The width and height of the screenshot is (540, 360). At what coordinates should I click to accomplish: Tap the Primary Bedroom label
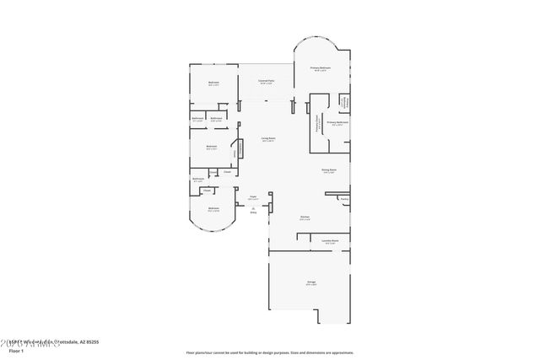[x=320, y=68]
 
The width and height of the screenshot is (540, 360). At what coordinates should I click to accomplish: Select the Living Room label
[x=268, y=140]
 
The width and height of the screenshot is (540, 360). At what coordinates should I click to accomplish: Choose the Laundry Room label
[x=330, y=241]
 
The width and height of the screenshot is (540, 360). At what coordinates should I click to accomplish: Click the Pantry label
[x=344, y=199]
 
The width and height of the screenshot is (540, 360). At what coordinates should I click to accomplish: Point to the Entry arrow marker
[x=253, y=209]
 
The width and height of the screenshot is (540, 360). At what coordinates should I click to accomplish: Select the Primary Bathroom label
[x=337, y=123]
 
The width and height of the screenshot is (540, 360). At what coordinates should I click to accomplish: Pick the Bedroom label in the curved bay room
[x=213, y=210]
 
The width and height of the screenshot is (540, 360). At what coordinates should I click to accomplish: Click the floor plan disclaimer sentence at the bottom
[x=270, y=352]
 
